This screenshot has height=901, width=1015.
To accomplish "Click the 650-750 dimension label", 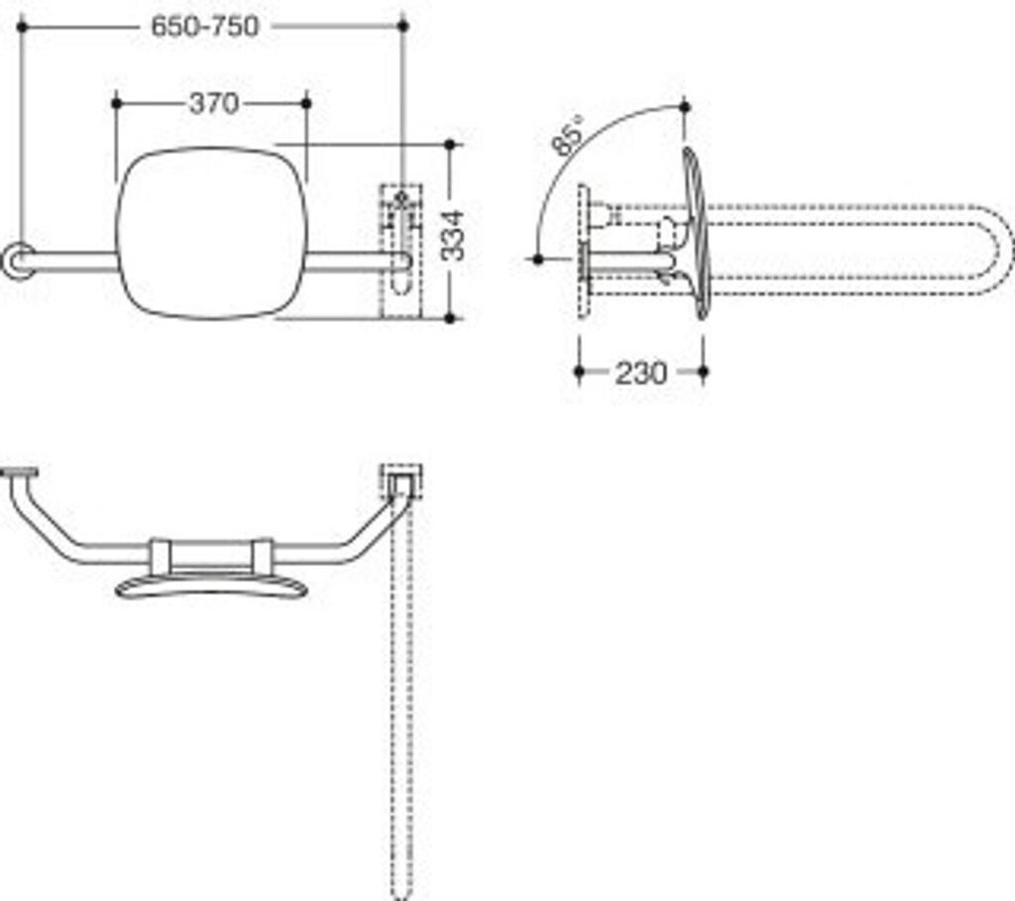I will tap(205, 27).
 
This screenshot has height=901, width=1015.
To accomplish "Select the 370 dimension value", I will tap(213, 103).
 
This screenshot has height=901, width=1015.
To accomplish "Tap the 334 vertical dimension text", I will tap(453, 234).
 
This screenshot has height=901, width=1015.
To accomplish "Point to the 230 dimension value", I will tap(640, 374).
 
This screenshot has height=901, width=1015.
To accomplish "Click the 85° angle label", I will tap(570, 136).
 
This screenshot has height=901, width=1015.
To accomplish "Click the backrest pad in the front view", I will tap(211, 234).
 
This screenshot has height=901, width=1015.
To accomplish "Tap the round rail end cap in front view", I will tap(17, 261).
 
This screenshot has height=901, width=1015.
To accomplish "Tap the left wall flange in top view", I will tap(19, 473).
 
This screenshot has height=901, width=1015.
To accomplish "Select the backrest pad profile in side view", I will tap(697, 234).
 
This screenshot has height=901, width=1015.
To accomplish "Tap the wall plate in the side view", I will tap(584, 252).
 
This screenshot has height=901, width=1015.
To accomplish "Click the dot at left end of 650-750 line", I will tap(21, 27).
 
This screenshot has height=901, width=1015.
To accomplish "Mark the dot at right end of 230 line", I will tap(703, 373).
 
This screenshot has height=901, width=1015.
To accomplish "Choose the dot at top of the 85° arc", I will tap(684, 105).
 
